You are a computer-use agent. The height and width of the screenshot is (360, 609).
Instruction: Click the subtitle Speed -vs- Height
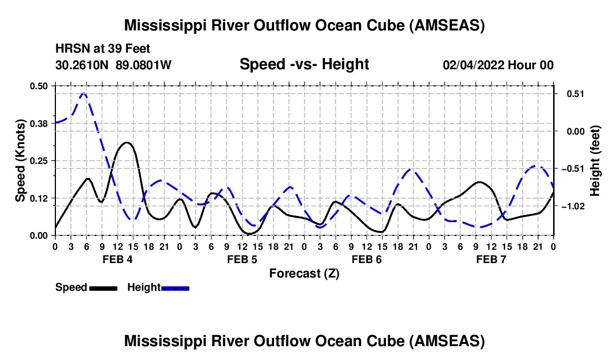[304, 64]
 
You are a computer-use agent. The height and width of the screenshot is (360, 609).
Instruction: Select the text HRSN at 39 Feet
[103, 49]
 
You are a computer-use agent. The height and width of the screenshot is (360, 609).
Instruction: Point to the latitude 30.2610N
[83, 65]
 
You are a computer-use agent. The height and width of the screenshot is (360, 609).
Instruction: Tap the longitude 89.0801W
[144, 65]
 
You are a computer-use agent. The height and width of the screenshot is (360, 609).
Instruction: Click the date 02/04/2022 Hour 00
[498, 65]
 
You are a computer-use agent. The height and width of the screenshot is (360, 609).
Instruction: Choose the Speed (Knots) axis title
[20, 161]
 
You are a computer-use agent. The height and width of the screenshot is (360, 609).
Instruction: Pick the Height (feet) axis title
[595, 161]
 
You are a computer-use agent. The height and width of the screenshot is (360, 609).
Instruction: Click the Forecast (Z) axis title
[304, 273]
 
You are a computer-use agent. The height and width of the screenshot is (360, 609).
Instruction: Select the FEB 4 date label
[117, 259]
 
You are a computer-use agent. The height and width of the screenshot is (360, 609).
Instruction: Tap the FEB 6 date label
[367, 259]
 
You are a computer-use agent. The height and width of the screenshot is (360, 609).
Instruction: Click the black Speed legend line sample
[103, 287]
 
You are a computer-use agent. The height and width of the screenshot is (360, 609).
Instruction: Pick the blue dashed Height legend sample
[175, 287]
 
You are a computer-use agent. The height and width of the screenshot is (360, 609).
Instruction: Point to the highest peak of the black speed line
[127, 142]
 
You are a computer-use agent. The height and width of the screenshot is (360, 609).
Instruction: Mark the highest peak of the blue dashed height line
[83, 94]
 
